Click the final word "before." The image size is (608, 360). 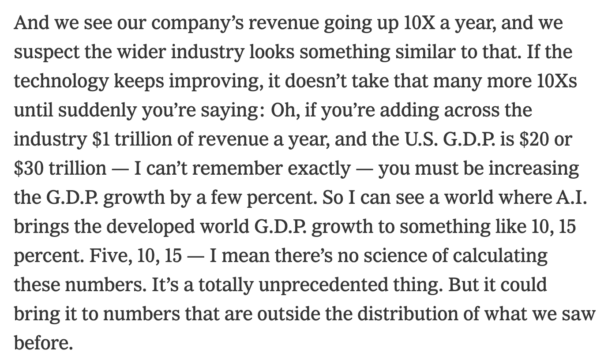click(x=43, y=343)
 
